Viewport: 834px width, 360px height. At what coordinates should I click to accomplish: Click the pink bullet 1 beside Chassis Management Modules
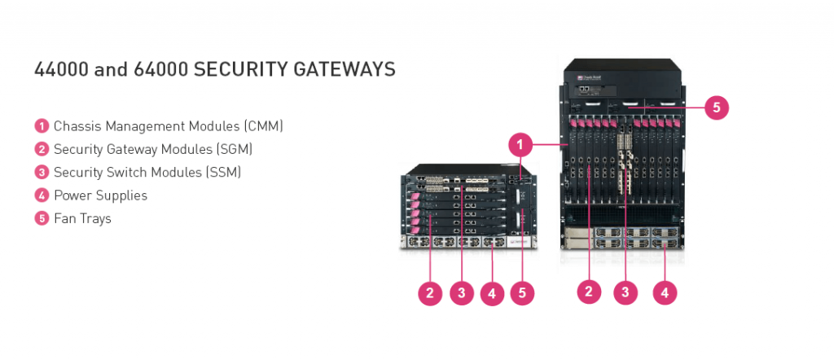[x=42, y=126]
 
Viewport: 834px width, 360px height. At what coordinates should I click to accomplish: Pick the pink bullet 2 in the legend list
[x=42, y=149]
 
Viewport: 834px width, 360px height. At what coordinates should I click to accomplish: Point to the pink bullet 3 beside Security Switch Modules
[x=42, y=173]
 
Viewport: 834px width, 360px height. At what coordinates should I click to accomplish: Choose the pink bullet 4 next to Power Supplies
[x=42, y=195]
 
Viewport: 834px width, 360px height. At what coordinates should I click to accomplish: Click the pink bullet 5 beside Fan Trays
[x=42, y=218]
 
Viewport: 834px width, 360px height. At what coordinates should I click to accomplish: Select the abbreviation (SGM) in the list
[x=233, y=149]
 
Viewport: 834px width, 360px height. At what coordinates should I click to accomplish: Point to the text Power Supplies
[x=100, y=195]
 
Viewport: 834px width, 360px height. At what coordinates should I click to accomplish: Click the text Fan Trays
[x=82, y=218]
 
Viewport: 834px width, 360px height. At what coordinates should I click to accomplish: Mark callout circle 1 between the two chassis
[x=521, y=145]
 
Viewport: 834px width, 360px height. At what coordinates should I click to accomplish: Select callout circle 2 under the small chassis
[x=430, y=293]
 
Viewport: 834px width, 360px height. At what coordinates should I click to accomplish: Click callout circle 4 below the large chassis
[x=665, y=292]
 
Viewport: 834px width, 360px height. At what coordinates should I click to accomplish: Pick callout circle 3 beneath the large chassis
[x=625, y=292]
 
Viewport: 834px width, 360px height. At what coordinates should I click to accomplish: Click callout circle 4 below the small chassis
[x=491, y=293]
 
